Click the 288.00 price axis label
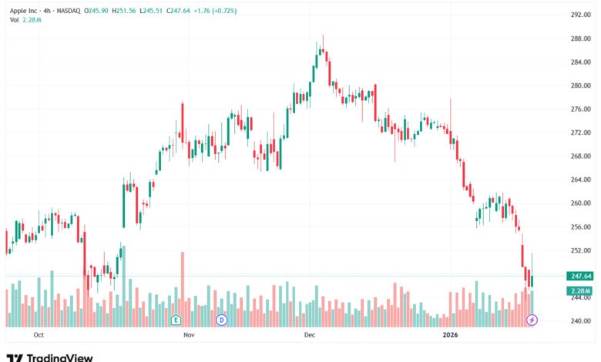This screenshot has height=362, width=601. click(x=581, y=39)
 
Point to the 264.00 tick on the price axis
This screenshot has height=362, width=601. click(x=581, y=179)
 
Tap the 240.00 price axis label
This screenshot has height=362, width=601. click(x=581, y=321)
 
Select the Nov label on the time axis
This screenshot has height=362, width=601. click(x=189, y=335)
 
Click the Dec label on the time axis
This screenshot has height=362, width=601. click(x=310, y=335)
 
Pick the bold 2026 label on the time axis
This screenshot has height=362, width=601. click(x=451, y=335)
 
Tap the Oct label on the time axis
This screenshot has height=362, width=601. click(x=39, y=335)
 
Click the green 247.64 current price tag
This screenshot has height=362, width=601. click(x=580, y=277)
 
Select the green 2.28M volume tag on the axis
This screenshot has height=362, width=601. click(x=580, y=291)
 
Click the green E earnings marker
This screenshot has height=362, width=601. click(x=176, y=320)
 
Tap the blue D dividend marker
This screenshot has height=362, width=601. click(x=222, y=320)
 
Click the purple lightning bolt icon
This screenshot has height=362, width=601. click(x=532, y=320)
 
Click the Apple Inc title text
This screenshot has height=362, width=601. click(x=24, y=11)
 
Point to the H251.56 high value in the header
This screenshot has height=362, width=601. click(x=124, y=11)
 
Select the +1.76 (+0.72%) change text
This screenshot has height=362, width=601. click(x=215, y=11)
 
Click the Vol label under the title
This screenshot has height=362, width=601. click(x=14, y=20)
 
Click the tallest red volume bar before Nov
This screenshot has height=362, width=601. click(x=183, y=290)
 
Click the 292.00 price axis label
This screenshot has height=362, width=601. click(x=581, y=15)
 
